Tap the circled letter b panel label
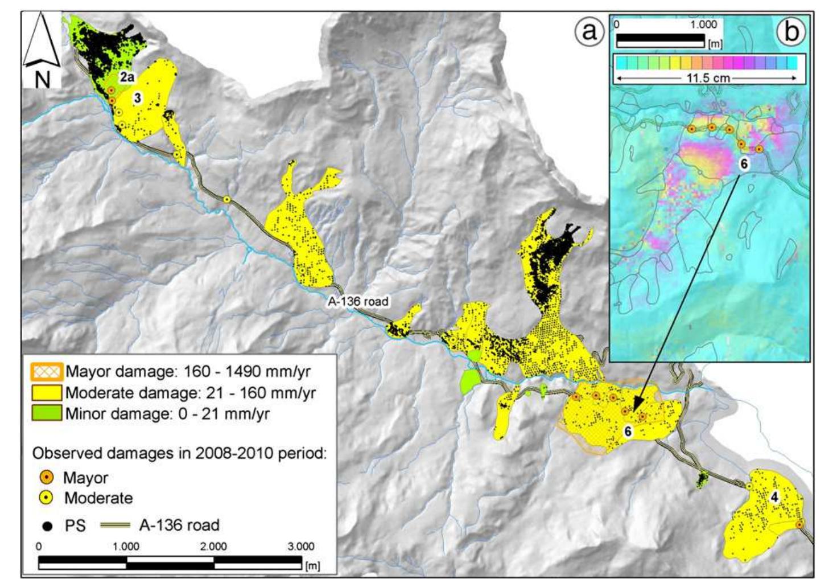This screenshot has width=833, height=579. (791, 32)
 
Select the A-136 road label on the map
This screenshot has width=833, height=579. (358, 301)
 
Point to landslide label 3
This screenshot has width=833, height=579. (137, 98)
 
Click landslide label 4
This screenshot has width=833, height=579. (774, 497)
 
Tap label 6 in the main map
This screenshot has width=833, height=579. (628, 432)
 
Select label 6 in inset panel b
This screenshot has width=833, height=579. (744, 164)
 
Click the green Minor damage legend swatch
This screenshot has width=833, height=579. (47, 413)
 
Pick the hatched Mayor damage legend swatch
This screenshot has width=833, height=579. (47, 372)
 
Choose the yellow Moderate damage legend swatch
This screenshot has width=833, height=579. (47, 392)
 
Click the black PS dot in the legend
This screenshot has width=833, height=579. (48, 525)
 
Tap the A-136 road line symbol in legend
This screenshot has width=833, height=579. (115, 525)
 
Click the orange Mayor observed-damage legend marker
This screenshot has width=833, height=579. (48, 477)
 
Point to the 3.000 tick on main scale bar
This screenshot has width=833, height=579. (300, 547)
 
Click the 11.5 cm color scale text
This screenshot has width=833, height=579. (707, 78)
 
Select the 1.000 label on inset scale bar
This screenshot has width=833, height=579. (703, 25)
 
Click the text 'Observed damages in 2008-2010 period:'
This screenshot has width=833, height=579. (179, 453)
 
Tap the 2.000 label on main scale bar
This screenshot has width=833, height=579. (213, 547)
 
